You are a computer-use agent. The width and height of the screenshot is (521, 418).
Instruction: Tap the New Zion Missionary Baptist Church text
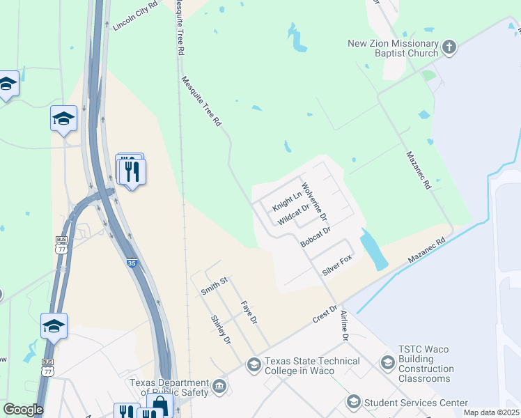click(394, 48)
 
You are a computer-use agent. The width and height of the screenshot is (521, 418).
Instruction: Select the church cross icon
click(449, 47)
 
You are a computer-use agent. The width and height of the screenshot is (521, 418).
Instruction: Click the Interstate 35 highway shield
click(132, 263)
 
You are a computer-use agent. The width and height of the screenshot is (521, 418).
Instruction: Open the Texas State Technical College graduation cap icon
click(254, 364)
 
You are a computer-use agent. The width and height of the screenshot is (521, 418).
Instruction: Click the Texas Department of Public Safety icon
click(219, 387)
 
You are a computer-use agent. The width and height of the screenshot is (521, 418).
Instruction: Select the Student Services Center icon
click(353, 403)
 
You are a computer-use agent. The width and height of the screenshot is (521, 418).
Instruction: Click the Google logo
click(23, 410)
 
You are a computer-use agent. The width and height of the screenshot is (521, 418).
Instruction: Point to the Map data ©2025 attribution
click(490, 412)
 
